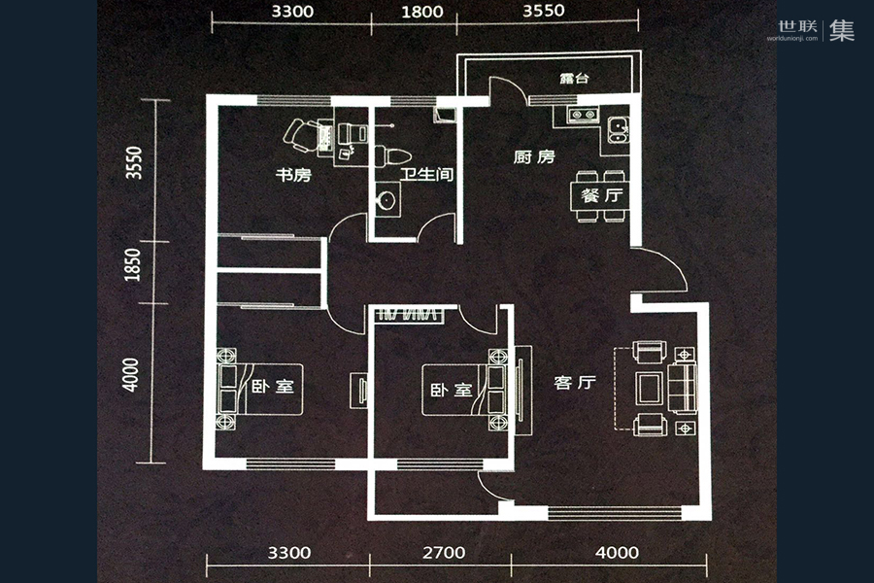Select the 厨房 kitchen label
click(x=533, y=156)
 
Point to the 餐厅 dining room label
click(x=601, y=193)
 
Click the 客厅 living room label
click(x=574, y=383)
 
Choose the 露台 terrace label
click(x=574, y=79)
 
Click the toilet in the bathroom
click(x=394, y=155)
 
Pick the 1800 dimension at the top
click(x=420, y=13)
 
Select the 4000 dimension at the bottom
click(x=617, y=553)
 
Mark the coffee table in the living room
click(x=650, y=387)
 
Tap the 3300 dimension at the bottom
click(x=288, y=553)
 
